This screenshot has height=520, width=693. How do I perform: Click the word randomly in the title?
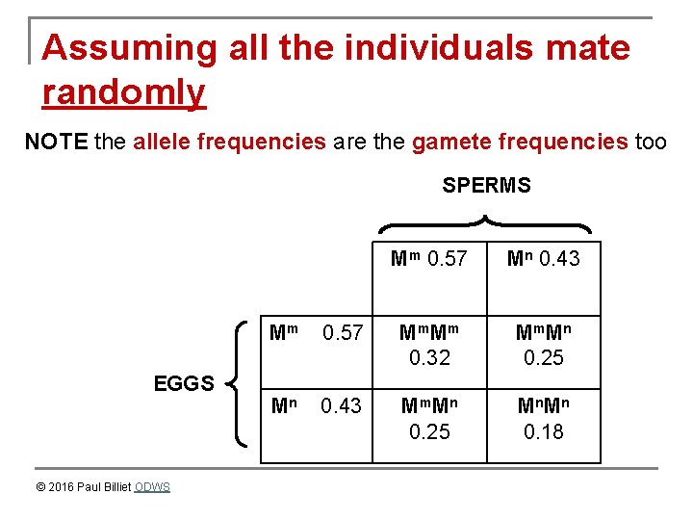124,92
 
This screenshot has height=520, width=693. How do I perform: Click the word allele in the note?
158,143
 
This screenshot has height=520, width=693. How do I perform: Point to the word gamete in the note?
448,143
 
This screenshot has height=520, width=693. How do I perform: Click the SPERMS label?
486,185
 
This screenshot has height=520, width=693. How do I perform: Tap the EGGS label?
184,384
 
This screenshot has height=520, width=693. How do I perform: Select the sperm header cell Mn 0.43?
543,258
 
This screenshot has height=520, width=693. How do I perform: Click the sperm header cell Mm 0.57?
429,258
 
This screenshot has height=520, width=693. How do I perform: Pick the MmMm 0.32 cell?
429,345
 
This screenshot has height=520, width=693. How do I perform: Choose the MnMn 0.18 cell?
543,419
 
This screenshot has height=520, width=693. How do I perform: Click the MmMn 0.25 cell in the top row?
543,345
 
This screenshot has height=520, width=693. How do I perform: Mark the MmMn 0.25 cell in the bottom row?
429,419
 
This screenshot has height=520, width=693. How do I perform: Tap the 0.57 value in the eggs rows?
343,333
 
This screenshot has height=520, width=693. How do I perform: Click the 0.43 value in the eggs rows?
343,406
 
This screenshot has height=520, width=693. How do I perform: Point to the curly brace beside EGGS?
238,383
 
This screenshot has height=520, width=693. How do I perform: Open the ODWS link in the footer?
152,487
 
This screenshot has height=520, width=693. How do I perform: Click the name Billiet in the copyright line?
115,487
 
